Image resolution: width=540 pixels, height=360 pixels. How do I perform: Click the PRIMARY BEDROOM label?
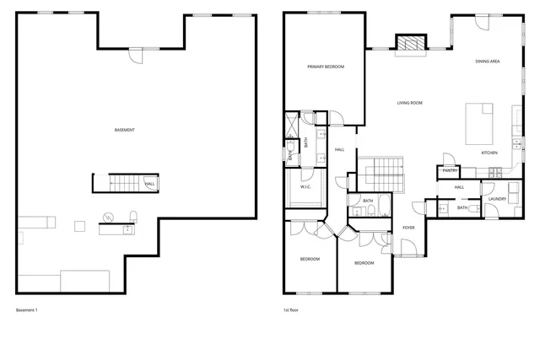pyautogui.click(x=325, y=67)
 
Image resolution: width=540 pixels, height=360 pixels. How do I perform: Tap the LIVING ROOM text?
pyautogui.click(x=410, y=103)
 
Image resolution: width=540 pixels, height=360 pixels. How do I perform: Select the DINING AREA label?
pyautogui.click(x=489, y=61)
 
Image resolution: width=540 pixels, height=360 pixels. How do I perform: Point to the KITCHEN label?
pyautogui.click(x=489, y=153)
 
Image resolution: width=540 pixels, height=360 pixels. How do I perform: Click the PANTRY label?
pyautogui.click(x=450, y=170)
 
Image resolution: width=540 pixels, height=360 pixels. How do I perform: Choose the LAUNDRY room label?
pyautogui.click(x=497, y=199)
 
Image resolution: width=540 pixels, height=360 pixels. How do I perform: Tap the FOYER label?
pyautogui.click(x=408, y=228)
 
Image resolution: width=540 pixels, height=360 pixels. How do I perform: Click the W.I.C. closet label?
pyautogui.click(x=306, y=186)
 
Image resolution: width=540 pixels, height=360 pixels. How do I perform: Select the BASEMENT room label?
pyautogui.click(x=125, y=130)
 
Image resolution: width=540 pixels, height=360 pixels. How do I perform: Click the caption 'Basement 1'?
pyautogui.click(x=27, y=310)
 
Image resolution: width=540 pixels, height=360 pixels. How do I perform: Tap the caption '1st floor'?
pyautogui.click(x=292, y=310)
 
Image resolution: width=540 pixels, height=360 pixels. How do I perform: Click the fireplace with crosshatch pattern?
pyautogui.click(x=411, y=44)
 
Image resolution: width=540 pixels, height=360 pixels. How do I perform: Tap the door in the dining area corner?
pyautogui.click(x=482, y=23)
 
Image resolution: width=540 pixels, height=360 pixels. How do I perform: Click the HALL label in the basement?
pyautogui.click(x=149, y=184)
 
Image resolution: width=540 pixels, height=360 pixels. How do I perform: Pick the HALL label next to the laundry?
pyautogui.click(x=460, y=187)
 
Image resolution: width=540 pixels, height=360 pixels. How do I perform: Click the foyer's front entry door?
pyautogui.click(x=407, y=249)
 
